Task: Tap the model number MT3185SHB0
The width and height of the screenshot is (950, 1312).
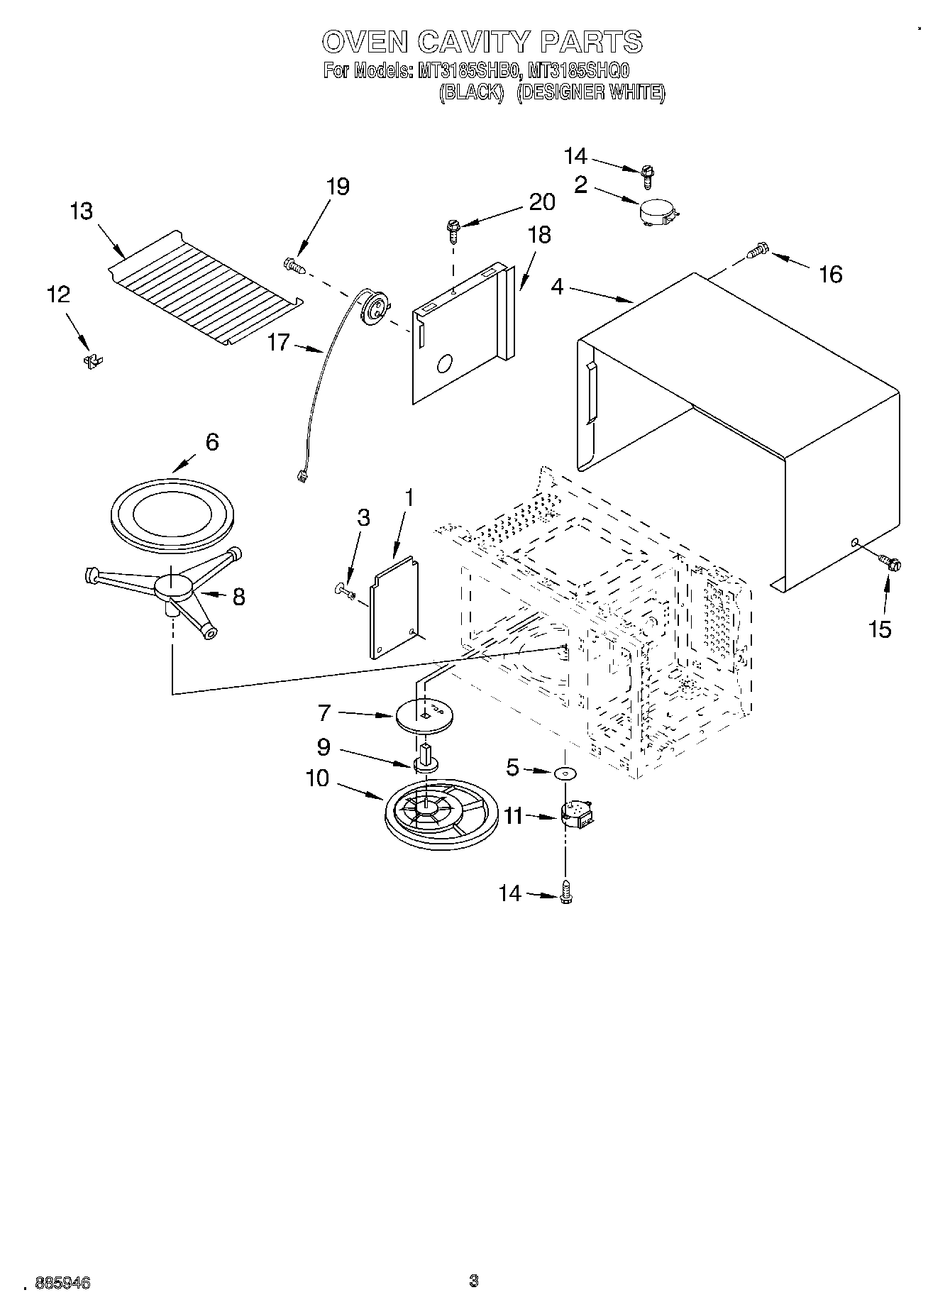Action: [x=470, y=71]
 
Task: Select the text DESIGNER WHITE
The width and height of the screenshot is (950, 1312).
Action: [x=590, y=93]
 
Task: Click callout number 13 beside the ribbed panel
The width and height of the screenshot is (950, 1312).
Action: [x=82, y=211]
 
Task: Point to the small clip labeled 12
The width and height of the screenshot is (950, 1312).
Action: [x=92, y=361]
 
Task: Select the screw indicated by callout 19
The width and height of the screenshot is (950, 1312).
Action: [x=294, y=265]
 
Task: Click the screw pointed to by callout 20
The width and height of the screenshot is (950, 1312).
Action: [x=452, y=228]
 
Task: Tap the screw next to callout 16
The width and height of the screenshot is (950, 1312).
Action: [x=758, y=250]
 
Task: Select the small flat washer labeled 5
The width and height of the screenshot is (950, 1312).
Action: [x=565, y=773]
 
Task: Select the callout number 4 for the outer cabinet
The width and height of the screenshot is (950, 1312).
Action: [x=557, y=287]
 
